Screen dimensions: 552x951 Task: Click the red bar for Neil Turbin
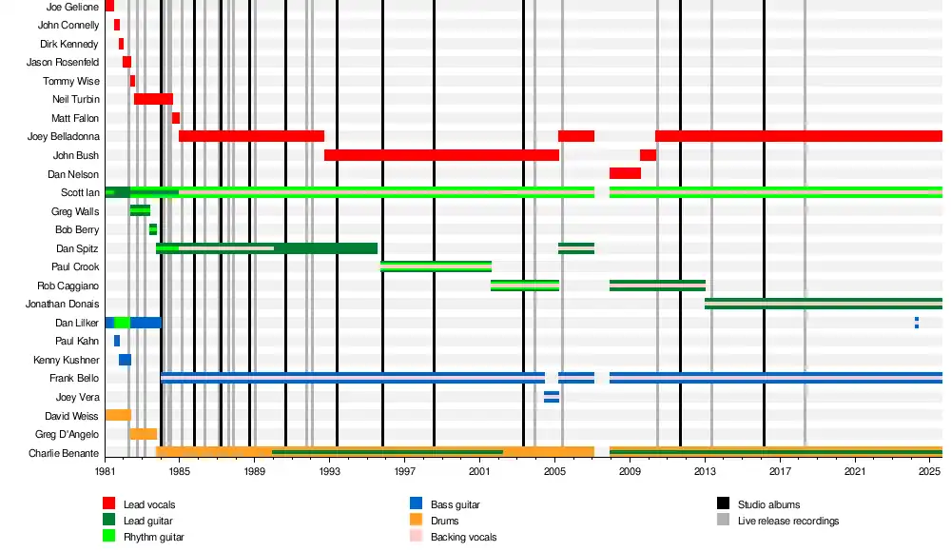tap(153, 99)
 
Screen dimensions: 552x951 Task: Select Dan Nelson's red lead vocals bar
tap(625, 173)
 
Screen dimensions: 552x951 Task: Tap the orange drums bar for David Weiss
tap(118, 415)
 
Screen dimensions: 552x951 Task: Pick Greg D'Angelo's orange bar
tap(143, 434)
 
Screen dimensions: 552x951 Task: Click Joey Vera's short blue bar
tap(552, 397)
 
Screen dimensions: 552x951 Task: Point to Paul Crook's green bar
tap(436, 266)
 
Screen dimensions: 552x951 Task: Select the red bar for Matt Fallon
tap(176, 118)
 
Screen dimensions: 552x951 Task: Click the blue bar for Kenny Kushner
tap(125, 360)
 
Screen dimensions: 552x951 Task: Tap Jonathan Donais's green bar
tap(823, 304)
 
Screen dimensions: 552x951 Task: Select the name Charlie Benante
tap(64, 453)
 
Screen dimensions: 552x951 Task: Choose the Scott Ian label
tap(80, 192)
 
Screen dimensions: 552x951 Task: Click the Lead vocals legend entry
tap(149, 503)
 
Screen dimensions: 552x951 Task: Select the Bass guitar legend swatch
tap(416, 503)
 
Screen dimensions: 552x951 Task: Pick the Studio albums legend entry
tap(768, 503)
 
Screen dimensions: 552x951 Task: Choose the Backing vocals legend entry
tap(463, 537)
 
